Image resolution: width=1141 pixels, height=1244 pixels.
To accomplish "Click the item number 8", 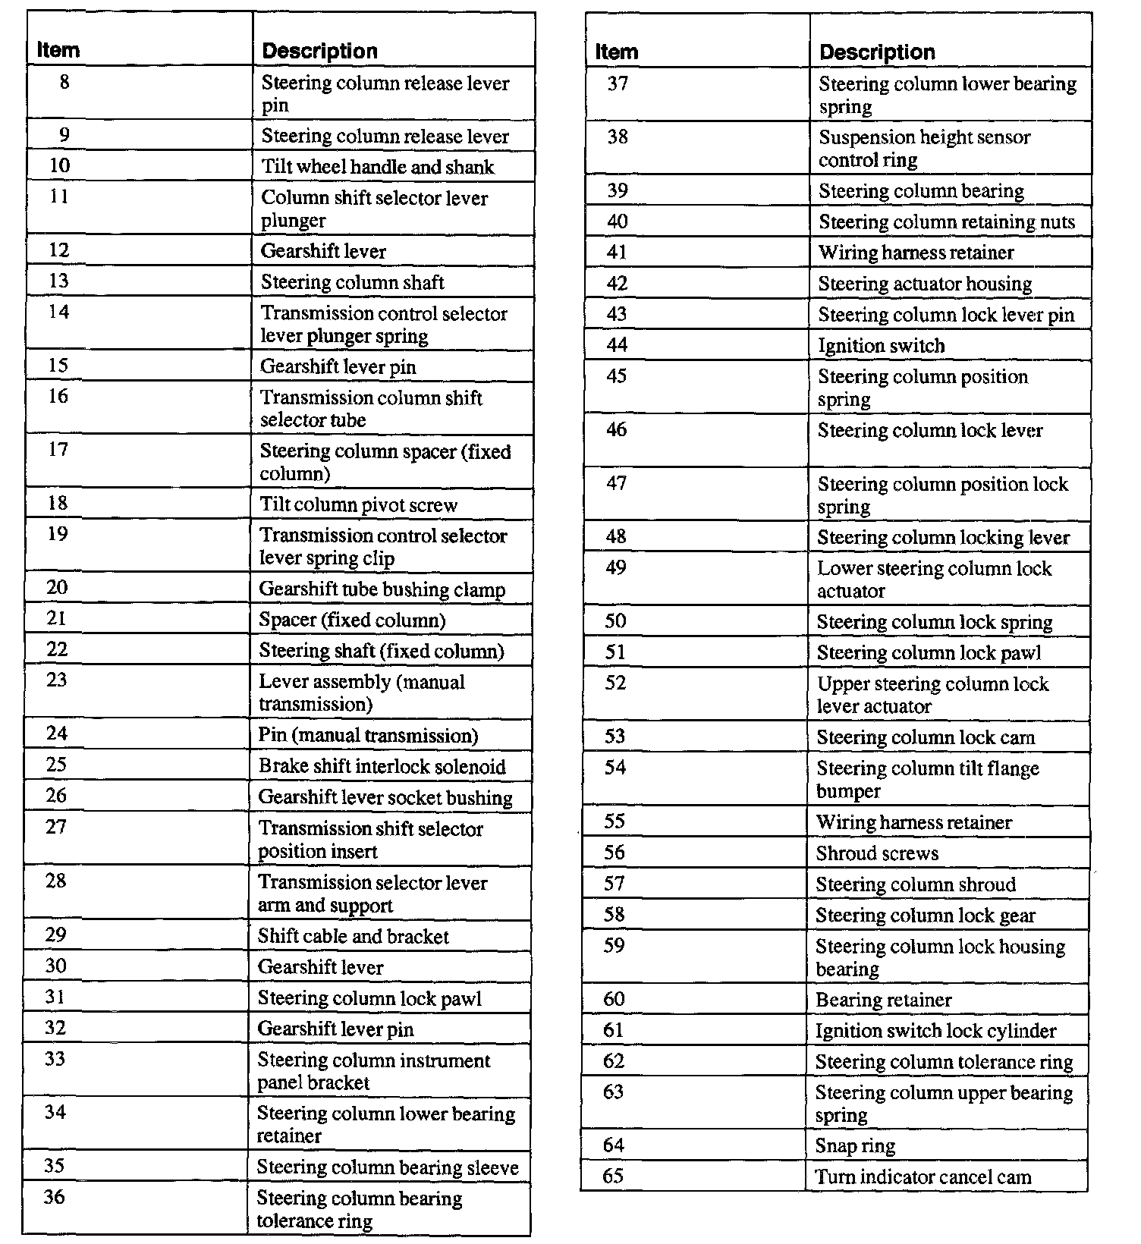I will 64,81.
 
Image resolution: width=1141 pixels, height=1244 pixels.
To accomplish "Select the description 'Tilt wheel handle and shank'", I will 378,167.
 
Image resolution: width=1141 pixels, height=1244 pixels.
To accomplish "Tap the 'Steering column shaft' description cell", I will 353,282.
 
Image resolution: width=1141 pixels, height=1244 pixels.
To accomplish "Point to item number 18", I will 58,503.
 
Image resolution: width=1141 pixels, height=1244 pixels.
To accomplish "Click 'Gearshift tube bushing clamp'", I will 382,589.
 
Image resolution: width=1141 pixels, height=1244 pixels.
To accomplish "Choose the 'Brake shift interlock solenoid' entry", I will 382,766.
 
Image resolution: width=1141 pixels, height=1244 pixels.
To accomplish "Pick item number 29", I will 55,935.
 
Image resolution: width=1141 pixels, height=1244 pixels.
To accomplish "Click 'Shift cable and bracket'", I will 354,936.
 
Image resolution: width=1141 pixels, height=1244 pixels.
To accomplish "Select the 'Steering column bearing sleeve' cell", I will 388,1167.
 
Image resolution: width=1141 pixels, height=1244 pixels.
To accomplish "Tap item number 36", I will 54,1197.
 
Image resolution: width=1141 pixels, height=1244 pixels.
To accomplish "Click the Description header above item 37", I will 877,52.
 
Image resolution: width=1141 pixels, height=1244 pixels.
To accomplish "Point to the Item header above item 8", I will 58,50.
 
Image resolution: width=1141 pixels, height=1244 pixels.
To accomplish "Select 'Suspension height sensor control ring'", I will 924,149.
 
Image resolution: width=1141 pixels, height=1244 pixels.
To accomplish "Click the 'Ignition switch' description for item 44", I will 882,346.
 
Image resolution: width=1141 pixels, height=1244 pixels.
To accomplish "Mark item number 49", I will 616,567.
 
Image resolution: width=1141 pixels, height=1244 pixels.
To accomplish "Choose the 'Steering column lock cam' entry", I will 926,737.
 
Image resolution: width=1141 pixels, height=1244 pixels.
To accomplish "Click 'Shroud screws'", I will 877,853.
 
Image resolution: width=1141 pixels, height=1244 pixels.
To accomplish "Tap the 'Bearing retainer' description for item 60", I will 883,1000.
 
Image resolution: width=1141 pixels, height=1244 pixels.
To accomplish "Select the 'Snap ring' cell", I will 855,1145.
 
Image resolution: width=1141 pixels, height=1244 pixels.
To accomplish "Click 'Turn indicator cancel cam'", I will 923,1176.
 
